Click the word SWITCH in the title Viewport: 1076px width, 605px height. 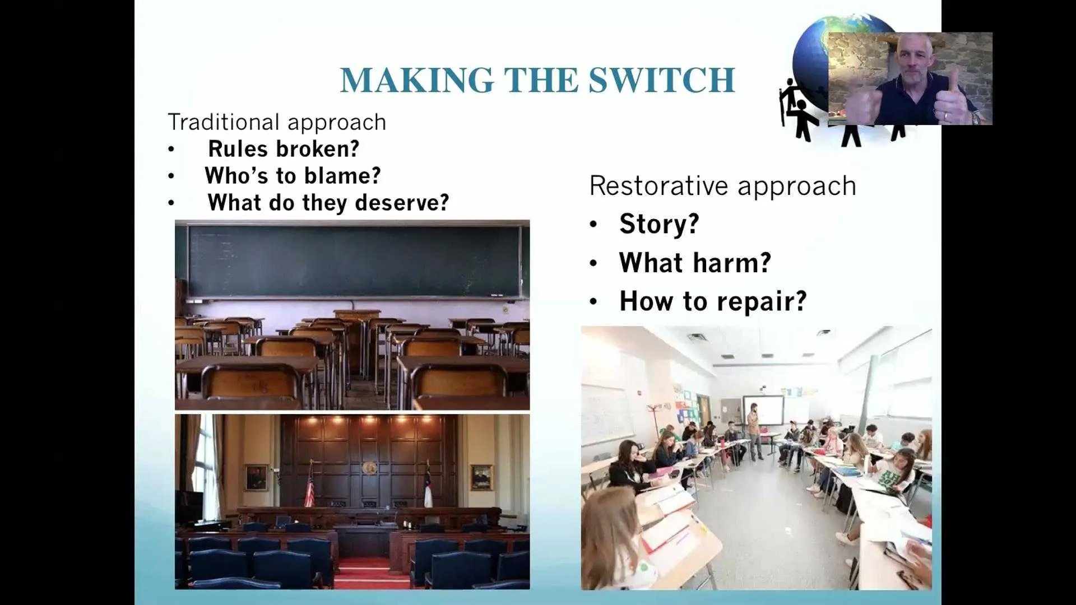click(x=661, y=80)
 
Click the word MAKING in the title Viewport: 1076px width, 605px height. click(x=417, y=80)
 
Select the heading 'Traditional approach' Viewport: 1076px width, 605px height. click(x=277, y=122)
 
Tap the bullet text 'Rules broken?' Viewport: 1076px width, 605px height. click(x=284, y=148)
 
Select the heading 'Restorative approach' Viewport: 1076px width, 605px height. click(x=722, y=186)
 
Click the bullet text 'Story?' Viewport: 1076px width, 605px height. click(x=659, y=224)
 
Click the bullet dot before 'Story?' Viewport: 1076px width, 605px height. click(x=593, y=225)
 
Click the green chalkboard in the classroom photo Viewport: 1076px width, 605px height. click(x=355, y=260)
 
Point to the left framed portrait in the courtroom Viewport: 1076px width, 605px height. click(x=256, y=477)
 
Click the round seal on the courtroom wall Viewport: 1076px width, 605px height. click(x=369, y=468)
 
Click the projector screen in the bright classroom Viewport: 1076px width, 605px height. click(x=764, y=410)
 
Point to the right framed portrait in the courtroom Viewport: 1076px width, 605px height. click(x=481, y=477)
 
